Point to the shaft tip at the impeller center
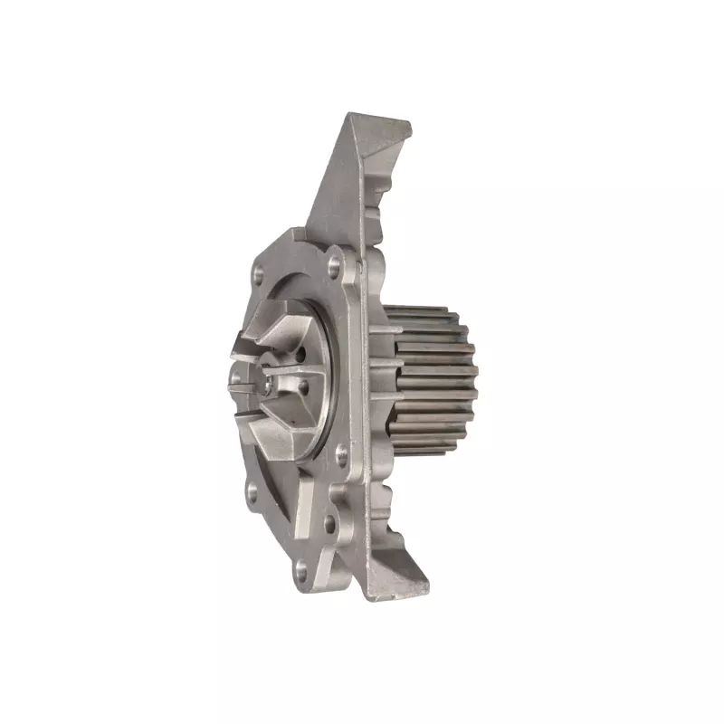pyautogui.click(x=271, y=384)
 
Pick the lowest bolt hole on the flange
pyautogui.click(x=299, y=569)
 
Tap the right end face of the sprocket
pyautogui.click(x=470, y=371)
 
